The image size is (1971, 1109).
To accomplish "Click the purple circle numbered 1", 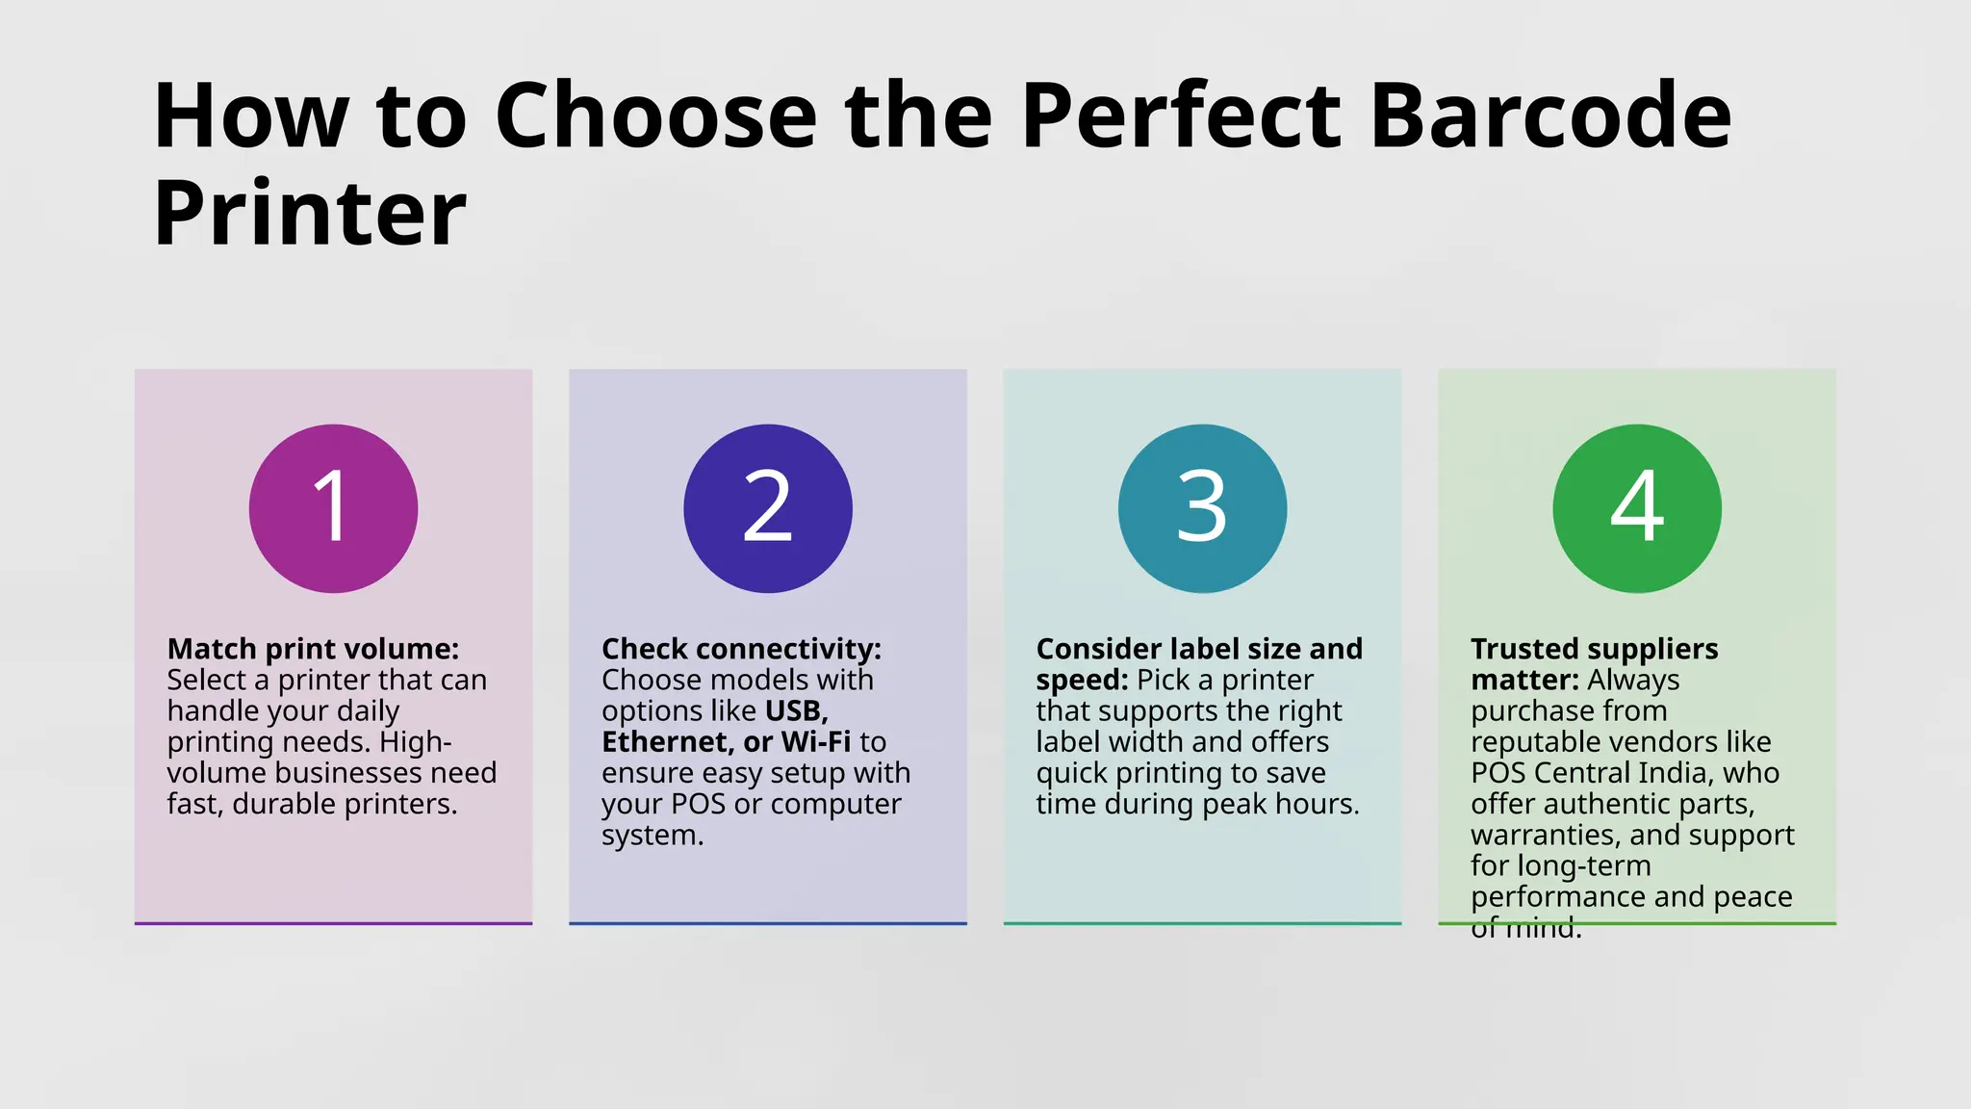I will point(333,508).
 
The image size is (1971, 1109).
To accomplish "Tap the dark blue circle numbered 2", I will point(768,508).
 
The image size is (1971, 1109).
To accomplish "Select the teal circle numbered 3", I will point(1202,508).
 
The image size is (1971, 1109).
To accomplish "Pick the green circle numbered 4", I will point(1637,508).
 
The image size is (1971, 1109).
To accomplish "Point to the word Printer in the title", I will point(310,214).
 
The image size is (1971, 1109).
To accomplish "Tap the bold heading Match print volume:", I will point(313,649).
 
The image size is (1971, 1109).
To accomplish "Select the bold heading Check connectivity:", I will point(741,649).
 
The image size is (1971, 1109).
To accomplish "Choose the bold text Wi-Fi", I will point(816,742).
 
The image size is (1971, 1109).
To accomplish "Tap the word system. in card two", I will point(653,835).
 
